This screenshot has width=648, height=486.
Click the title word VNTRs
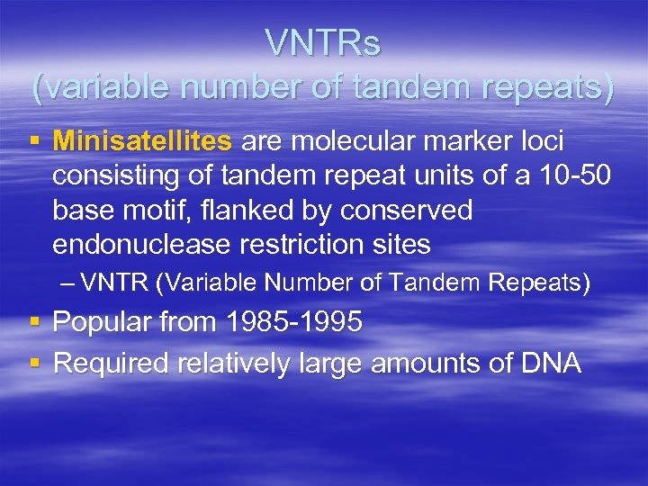(323, 44)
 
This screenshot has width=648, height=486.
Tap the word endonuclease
(140, 244)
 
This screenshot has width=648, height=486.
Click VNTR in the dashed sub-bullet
(114, 283)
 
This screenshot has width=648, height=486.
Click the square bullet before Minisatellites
(35, 142)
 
